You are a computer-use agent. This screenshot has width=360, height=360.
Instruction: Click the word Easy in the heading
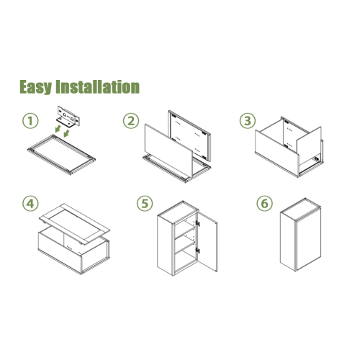tap(35, 87)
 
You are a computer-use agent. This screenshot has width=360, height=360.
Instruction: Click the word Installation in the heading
tap(97, 86)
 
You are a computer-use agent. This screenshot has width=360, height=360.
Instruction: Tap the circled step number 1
tap(30, 121)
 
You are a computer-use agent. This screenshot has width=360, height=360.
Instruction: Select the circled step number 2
tap(131, 121)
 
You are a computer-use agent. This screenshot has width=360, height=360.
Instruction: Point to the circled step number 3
tap(248, 121)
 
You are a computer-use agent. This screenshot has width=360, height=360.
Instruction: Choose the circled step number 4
tap(30, 204)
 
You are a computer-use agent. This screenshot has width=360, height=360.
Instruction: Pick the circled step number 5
tap(145, 204)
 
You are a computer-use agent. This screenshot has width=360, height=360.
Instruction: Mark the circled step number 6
tap(264, 204)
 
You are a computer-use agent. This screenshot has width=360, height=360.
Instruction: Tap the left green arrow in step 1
tap(58, 129)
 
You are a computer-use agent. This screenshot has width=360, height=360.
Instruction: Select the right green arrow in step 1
tap(66, 133)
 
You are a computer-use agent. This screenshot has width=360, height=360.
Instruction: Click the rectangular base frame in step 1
tap(61, 155)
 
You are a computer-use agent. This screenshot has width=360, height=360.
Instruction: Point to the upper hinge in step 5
tap(198, 223)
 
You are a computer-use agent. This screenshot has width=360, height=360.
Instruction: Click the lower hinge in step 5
tap(198, 251)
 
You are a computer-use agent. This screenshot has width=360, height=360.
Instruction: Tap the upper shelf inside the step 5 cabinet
tap(184, 232)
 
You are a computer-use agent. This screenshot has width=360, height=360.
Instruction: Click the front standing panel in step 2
tap(168, 150)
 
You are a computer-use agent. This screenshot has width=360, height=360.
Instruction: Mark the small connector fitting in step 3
tap(317, 158)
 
